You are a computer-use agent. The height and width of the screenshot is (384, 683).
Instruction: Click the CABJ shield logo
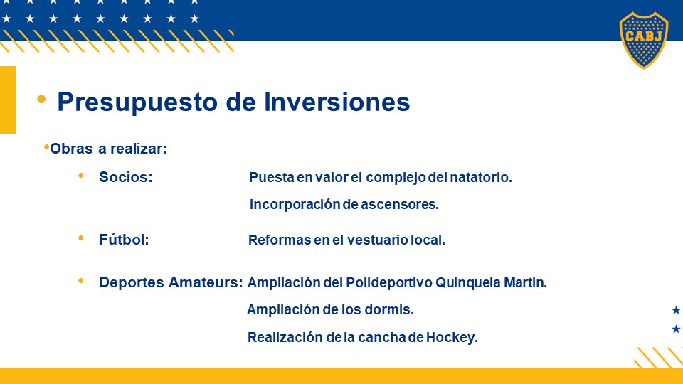tap(644, 40)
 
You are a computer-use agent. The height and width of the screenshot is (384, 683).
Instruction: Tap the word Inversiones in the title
tap(337, 102)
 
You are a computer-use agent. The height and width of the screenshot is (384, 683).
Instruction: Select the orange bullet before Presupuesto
tap(41, 100)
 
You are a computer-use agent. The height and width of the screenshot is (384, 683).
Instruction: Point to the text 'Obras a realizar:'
tap(108, 149)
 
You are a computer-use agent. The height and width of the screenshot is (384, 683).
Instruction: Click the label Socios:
tap(126, 177)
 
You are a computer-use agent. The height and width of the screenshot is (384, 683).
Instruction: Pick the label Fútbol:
tap(124, 240)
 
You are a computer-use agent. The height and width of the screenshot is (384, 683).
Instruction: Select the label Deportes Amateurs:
tap(171, 282)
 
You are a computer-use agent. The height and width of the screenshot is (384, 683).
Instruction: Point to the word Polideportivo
tap(389, 283)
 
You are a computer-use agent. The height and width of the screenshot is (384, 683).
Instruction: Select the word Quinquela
tap(468, 283)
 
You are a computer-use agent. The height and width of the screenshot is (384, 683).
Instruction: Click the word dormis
tap(389, 309)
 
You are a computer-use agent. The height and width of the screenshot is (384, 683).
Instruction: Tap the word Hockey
tap(452, 337)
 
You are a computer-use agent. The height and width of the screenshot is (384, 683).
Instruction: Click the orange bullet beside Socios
tap(80, 176)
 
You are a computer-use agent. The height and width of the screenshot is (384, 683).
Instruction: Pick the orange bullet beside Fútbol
tap(80, 238)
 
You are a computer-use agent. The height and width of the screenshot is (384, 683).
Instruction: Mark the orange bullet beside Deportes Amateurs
tap(80, 281)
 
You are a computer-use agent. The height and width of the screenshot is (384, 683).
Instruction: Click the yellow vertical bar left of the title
tap(8, 100)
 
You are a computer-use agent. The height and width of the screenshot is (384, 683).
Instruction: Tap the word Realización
tap(285, 337)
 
